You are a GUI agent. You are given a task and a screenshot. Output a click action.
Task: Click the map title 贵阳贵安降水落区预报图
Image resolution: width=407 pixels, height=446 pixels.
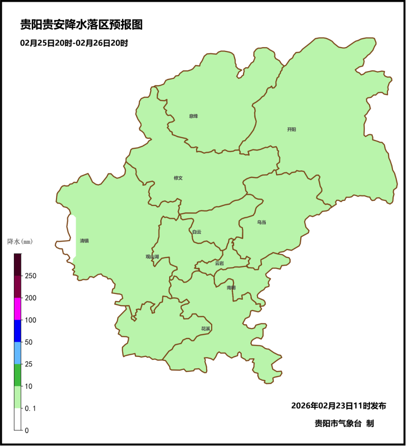click(x=81, y=25)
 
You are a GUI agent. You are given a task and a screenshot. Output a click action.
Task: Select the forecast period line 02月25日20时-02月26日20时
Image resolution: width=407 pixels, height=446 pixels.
click(x=74, y=43)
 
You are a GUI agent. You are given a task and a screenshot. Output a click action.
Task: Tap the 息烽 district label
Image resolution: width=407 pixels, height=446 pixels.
click(x=193, y=116)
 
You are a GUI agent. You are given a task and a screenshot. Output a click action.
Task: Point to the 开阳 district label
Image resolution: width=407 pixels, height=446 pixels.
click(x=291, y=130)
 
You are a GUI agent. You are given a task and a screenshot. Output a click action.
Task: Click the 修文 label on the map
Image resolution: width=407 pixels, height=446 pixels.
click(x=178, y=178)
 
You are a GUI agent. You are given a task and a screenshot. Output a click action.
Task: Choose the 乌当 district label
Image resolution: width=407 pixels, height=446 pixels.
click(x=262, y=222)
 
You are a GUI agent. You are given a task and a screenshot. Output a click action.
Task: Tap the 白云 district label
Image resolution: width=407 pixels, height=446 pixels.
click(x=197, y=232)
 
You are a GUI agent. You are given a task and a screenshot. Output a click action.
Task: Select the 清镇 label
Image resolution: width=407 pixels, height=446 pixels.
click(x=84, y=241)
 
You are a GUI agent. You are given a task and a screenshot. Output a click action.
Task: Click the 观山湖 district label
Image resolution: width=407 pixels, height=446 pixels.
click(x=152, y=256)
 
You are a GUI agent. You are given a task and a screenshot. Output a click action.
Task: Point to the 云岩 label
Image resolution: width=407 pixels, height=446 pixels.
click(x=219, y=263)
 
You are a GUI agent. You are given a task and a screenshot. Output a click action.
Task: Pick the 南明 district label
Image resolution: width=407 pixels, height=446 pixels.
click(x=231, y=288)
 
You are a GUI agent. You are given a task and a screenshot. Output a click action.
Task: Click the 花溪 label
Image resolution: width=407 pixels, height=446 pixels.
click(x=206, y=329)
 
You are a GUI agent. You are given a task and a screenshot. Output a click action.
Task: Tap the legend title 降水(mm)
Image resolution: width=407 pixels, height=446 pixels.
click(x=20, y=242)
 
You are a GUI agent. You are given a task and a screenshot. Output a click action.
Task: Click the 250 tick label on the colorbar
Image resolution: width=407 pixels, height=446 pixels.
click(x=31, y=276)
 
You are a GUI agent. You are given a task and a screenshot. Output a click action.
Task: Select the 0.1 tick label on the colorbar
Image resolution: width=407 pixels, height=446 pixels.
click(x=31, y=408)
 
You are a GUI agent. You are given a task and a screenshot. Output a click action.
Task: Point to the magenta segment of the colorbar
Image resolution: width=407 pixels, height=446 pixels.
click(x=17, y=309)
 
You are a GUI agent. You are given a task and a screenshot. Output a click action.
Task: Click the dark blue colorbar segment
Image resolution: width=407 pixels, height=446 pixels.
click(x=17, y=331)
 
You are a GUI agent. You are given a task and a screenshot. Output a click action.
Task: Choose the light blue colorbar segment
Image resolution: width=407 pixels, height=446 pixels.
click(x=17, y=353)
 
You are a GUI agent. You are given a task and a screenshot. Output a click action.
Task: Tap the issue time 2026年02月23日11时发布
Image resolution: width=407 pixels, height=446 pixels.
click(x=338, y=406)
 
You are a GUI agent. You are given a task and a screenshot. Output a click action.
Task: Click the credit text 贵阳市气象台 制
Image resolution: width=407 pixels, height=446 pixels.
click(x=344, y=423)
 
